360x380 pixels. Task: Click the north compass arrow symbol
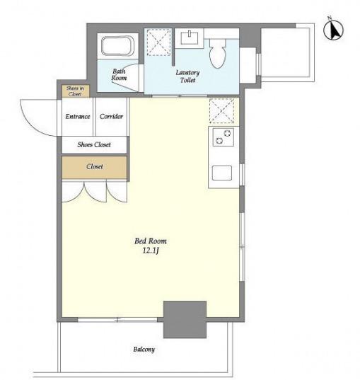pyautogui.click(x=334, y=30)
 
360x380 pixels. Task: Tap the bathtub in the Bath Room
pyautogui.click(x=117, y=46)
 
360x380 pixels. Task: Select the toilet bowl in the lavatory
pyautogui.click(x=218, y=53)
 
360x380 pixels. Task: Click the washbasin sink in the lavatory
pyautogui.click(x=190, y=38)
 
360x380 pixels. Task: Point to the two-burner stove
pyautogui.click(x=223, y=137)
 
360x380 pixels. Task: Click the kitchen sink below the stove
pyautogui.click(x=222, y=173)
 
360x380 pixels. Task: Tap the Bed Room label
pyautogui.click(x=151, y=241)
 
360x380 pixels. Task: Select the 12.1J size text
pyautogui.click(x=151, y=251)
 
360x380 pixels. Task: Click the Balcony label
pyautogui.click(x=144, y=350)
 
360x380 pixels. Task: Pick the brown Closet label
pyautogui.click(x=95, y=166)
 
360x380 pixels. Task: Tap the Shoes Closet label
pyautogui.click(x=94, y=144)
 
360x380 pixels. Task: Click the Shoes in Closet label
pyautogui.click(x=75, y=91)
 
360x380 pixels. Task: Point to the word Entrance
pyautogui.click(x=78, y=116)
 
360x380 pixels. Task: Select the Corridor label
pyautogui.click(x=111, y=116)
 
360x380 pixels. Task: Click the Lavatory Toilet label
pyautogui.click(x=187, y=76)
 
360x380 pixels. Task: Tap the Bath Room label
pyautogui.click(x=119, y=74)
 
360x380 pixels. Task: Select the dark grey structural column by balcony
pyautogui.click(x=185, y=319)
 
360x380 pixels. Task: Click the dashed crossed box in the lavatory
pyautogui.click(x=158, y=42)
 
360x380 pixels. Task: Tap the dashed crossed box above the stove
pyautogui.click(x=221, y=110)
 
